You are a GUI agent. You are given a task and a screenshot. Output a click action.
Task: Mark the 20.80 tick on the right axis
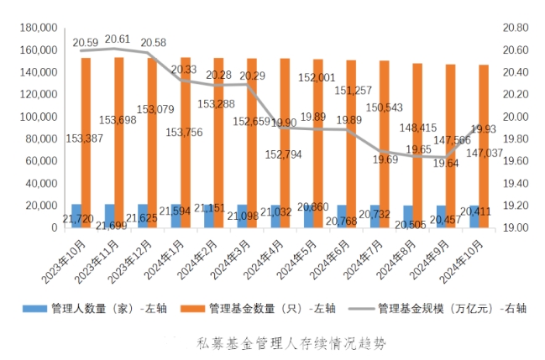[517, 28]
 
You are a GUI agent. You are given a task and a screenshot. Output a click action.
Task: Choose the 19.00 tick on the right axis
[517, 227]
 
